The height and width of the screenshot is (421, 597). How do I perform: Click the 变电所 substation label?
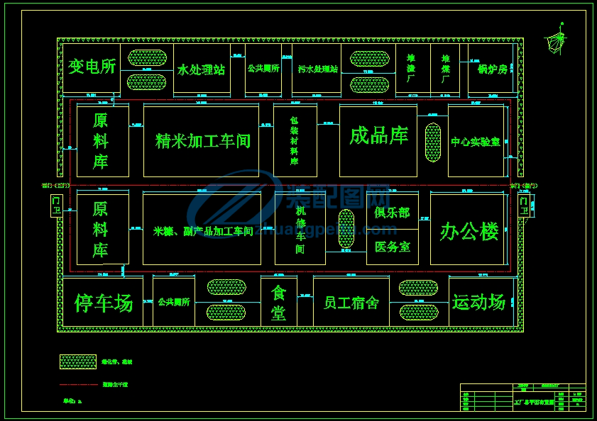point(92,67)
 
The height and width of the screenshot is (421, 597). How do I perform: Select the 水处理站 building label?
point(201,70)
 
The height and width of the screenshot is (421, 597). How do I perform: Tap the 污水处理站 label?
point(317,69)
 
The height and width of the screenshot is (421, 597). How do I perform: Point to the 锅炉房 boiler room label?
point(493,69)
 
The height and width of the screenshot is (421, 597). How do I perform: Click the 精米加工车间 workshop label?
point(203,141)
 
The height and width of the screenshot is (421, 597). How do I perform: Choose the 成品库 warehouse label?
point(378,135)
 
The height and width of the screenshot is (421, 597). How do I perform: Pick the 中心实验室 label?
point(476,142)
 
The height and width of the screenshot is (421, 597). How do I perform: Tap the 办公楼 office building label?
point(469,230)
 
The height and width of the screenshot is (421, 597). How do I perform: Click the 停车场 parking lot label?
point(104,303)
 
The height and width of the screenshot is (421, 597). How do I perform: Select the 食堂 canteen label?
point(278,303)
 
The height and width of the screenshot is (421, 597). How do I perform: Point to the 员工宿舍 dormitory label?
point(351,303)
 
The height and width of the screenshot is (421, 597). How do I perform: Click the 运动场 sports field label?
point(479,302)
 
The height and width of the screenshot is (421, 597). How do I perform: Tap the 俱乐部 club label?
point(393,213)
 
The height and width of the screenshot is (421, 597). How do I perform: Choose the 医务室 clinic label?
point(393,247)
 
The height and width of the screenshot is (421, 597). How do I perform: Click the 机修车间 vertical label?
point(300,230)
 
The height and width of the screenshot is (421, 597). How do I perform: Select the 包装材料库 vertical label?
point(294,141)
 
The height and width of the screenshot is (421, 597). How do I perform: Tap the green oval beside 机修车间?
point(346,228)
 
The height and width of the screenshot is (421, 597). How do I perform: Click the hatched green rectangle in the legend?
point(77,361)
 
